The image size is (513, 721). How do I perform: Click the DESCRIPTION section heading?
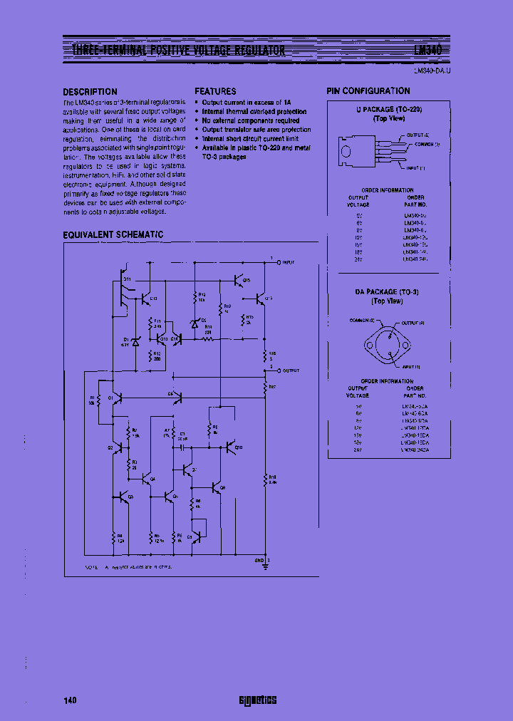[90, 92]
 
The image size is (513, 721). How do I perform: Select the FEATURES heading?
[215, 92]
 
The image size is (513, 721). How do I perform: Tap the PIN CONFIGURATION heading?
[368, 91]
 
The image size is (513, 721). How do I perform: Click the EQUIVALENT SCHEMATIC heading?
[113, 234]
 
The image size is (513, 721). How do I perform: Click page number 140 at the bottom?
[70, 700]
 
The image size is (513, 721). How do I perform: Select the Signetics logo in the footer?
[257, 700]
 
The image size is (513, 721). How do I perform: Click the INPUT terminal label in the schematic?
[289, 262]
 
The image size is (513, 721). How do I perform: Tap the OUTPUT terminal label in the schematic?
[291, 370]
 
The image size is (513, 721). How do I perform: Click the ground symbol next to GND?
[266, 568]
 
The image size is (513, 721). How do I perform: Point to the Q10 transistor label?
[238, 447]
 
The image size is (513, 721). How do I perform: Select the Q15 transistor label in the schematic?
[247, 281]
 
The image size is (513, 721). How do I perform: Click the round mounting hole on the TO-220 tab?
[346, 151]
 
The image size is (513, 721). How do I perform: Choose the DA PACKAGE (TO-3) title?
[389, 292]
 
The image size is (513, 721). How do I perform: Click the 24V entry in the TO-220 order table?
[358, 259]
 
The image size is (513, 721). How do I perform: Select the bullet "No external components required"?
[250, 121]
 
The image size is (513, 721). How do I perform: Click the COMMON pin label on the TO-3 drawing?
[363, 321]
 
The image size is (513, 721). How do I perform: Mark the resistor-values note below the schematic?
[128, 567]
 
